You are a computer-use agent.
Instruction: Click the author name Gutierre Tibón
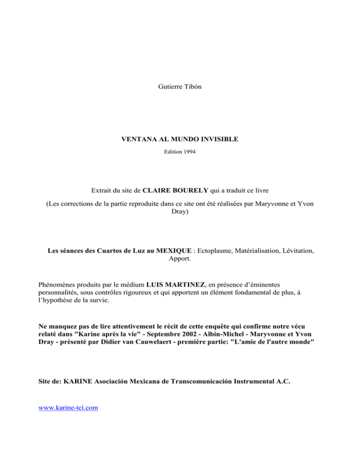180,86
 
